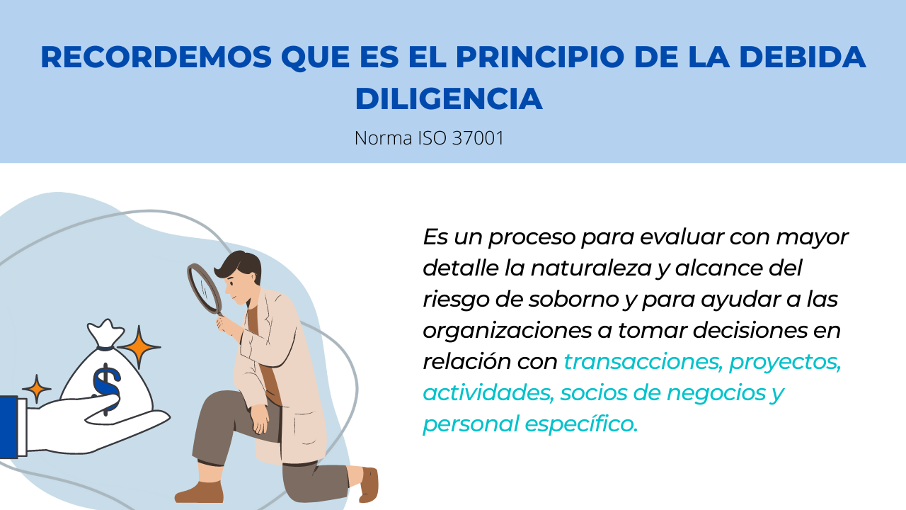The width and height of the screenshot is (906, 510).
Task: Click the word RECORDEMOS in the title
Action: [x=156, y=57]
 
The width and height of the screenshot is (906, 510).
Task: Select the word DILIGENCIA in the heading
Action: [x=449, y=98]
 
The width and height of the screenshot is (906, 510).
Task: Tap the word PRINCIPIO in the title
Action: [x=540, y=57]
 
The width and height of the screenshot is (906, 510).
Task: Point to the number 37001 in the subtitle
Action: [x=478, y=138]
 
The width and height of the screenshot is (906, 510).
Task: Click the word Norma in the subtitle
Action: [x=383, y=138]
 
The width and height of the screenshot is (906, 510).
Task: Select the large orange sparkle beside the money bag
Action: [x=139, y=347]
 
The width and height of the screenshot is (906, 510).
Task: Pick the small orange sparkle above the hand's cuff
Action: [x=37, y=389]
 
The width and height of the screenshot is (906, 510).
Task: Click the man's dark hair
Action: [x=239, y=267]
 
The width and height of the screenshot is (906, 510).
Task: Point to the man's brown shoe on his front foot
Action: [x=200, y=492]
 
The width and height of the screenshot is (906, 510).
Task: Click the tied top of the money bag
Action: [x=106, y=333]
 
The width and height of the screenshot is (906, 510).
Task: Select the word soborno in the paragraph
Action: [x=573, y=299]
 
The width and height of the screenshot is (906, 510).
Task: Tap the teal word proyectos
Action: [x=785, y=362]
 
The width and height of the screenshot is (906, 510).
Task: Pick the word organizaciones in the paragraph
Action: [x=508, y=331]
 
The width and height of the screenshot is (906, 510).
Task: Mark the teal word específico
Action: [x=581, y=424]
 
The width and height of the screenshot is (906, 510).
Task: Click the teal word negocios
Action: [x=716, y=393]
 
